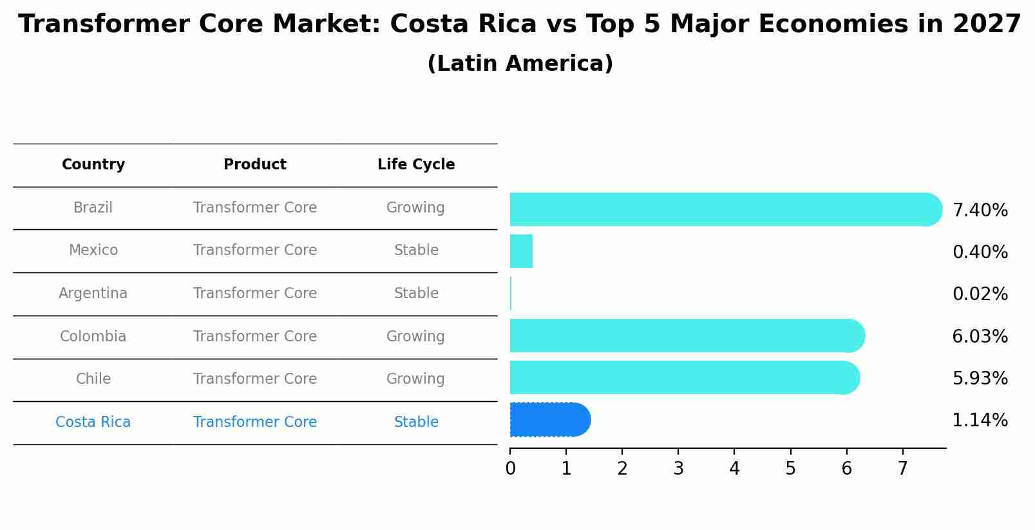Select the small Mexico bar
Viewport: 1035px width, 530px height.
pyautogui.click(x=521, y=251)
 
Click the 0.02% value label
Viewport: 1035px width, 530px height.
pyautogui.click(x=980, y=294)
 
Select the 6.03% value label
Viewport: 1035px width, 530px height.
pyautogui.click(x=980, y=336)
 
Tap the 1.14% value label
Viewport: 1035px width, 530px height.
pyautogui.click(x=980, y=421)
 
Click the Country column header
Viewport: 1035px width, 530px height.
pyautogui.click(x=93, y=165)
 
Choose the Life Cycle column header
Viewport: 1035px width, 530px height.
pyautogui.click(x=416, y=165)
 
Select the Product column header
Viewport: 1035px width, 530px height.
pyautogui.click(x=255, y=165)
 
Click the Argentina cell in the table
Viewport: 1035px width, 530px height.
pyautogui.click(x=93, y=294)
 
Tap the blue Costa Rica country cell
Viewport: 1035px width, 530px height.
pyautogui.click(x=93, y=422)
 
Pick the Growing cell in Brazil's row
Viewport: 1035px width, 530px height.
pyautogui.click(x=415, y=208)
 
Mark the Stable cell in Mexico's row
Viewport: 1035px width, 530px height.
pyautogui.click(x=416, y=251)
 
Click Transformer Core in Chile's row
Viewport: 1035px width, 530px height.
pyautogui.click(x=255, y=379)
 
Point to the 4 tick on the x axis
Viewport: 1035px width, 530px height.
pyautogui.click(x=734, y=468)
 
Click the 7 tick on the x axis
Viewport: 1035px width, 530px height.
pyautogui.click(x=902, y=468)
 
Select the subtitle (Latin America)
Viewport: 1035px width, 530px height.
pyautogui.click(x=520, y=64)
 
